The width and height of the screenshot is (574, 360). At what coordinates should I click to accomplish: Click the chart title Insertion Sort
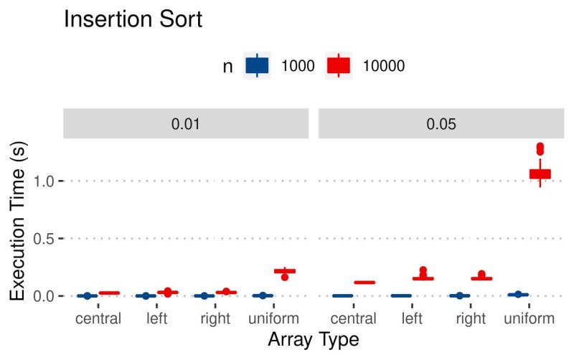tap(133, 19)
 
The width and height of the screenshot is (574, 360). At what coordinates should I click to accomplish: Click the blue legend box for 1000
tap(257, 66)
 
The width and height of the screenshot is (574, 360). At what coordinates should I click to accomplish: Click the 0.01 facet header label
tap(185, 123)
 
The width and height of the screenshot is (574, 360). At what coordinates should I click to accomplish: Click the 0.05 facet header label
tap(441, 123)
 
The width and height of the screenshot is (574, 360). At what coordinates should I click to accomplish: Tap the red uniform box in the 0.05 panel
tap(540, 174)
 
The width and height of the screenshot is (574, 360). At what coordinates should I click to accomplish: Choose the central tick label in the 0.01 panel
tap(98, 317)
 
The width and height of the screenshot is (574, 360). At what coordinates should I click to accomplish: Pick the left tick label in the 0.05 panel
tap(412, 317)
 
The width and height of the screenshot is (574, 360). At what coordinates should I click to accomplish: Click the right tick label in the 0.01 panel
tap(215, 317)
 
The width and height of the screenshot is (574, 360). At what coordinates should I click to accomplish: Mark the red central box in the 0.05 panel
tap(364, 283)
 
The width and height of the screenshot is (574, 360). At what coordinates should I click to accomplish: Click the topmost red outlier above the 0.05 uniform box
tap(540, 146)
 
